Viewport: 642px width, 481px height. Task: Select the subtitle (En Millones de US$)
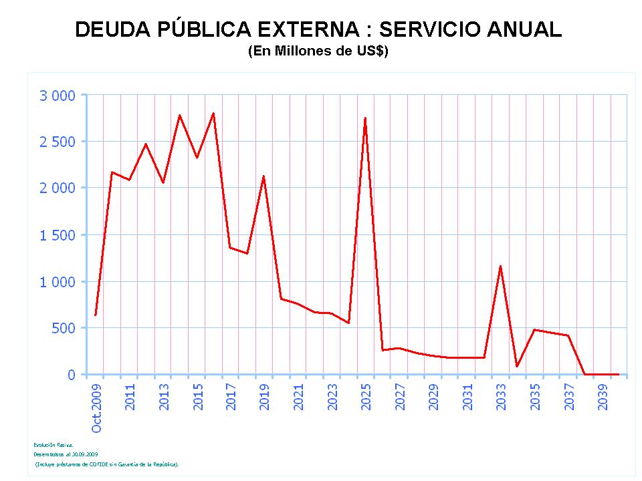coord(318,51)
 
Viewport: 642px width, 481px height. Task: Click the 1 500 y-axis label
coord(58,234)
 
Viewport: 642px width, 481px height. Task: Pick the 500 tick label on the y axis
coord(65,328)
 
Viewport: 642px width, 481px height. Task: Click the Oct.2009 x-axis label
coord(97,407)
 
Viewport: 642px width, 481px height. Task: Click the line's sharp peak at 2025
coord(365,118)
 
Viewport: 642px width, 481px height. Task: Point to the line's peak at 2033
coord(500,266)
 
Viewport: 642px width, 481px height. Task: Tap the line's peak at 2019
coord(264,176)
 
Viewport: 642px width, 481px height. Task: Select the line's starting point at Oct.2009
coord(96,315)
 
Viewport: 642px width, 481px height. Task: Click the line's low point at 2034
coord(517,366)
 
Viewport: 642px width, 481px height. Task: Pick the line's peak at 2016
coord(213,113)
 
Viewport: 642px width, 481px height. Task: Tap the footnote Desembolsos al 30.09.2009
coord(66,454)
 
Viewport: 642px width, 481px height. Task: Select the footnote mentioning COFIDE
coord(107,464)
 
